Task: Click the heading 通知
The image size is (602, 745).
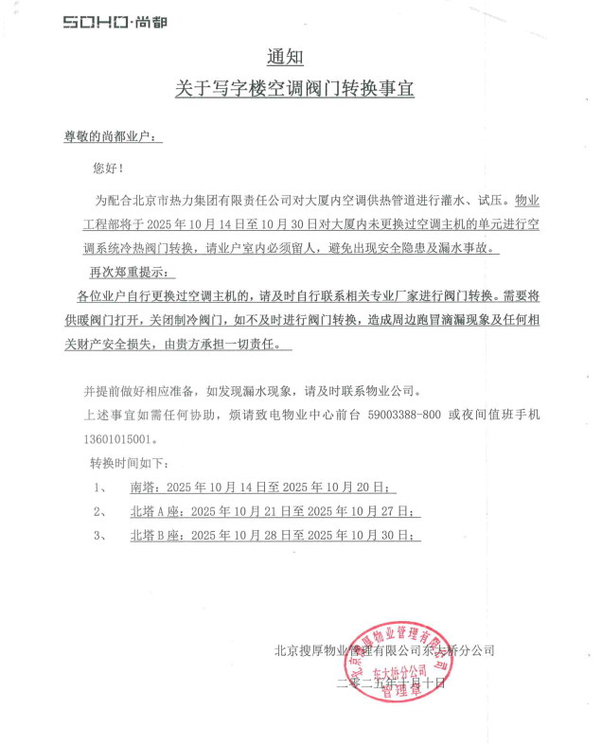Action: click(284, 58)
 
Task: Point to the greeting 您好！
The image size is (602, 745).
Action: click(107, 168)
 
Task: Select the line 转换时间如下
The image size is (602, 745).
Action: click(129, 464)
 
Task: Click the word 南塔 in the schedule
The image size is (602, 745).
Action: click(142, 488)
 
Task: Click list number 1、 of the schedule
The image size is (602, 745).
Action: click(99, 488)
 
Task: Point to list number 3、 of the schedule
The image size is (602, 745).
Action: click(99, 536)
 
